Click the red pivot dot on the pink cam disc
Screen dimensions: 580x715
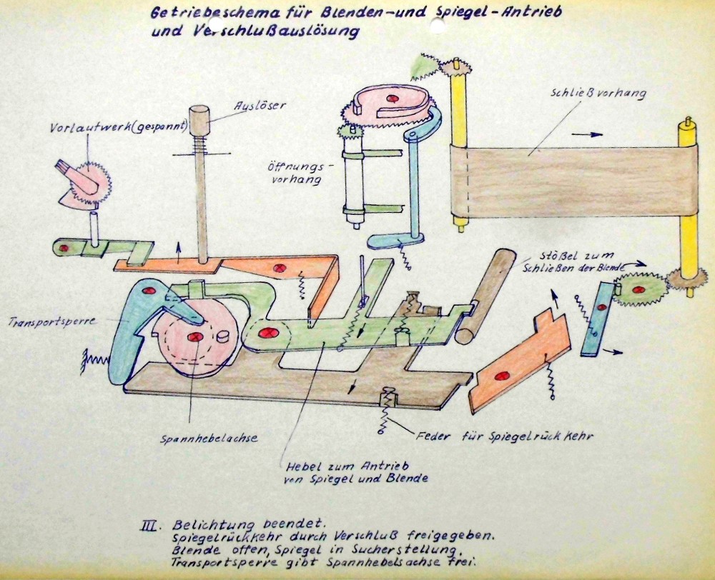[x=194, y=336]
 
